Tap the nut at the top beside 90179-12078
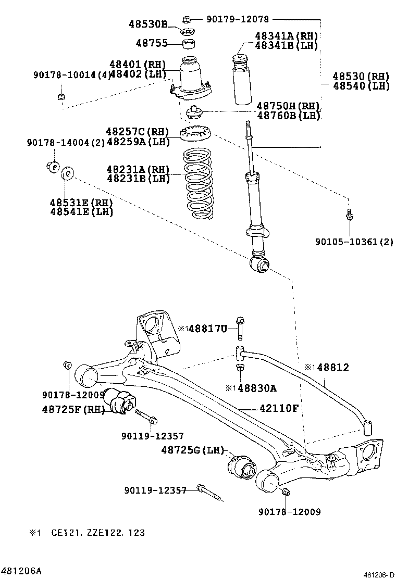coord(188,20)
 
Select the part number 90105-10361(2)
coord(354,242)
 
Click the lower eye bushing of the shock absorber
coord(260,265)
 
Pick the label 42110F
coord(279,408)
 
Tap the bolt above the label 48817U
coord(240,327)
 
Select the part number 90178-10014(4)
coord(72,75)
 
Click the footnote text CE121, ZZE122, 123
coord(98,533)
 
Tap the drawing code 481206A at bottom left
coord(21,571)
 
